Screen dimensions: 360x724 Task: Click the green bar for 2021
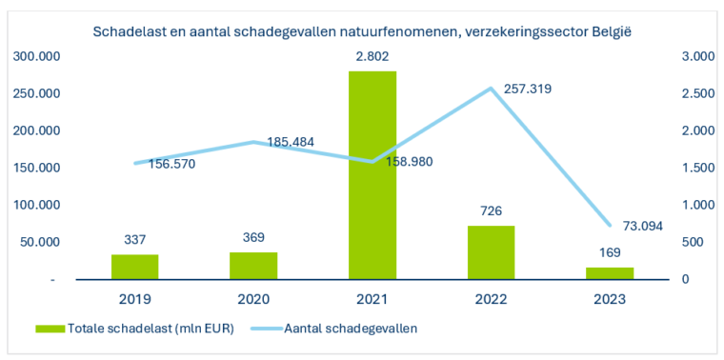[x=372, y=175]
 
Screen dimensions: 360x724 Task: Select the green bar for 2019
[x=135, y=267]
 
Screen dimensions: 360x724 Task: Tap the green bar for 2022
[x=491, y=252]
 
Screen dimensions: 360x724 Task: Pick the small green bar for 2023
[x=610, y=273]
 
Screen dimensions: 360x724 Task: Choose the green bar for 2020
[x=253, y=266]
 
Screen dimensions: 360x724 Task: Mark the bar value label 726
[x=491, y=211]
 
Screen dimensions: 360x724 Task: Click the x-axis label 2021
[x=372, y=299]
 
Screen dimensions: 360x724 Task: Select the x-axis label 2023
[x=610, y=299]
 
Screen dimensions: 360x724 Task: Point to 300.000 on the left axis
[x=37, y=57]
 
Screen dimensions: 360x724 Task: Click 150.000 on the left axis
[x=37, y=169]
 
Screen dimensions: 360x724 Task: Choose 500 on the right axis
[x=692, y=243]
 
